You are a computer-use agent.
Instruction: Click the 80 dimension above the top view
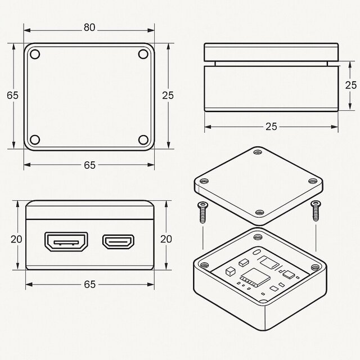[89, 27]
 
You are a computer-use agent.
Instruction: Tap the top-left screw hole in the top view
[35, 55]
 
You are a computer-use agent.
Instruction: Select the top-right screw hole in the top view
[143, 55]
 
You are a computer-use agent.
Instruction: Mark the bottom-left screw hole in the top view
[35, 139]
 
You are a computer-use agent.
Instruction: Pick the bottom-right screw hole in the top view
[143, 139]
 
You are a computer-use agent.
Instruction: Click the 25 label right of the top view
[168, 95]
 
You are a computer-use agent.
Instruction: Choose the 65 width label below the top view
[89, 165]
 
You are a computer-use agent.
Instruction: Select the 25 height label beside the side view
[351, 85]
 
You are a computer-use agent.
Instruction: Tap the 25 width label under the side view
[271, 127]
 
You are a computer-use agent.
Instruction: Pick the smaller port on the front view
[119, 242]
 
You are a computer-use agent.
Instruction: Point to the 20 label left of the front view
[16, 239]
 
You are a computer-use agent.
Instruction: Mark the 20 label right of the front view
[166, 238]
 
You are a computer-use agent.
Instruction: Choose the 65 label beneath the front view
[89, 285]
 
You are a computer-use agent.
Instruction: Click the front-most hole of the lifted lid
[259, 212]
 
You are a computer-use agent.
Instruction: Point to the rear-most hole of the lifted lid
[258, 152]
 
